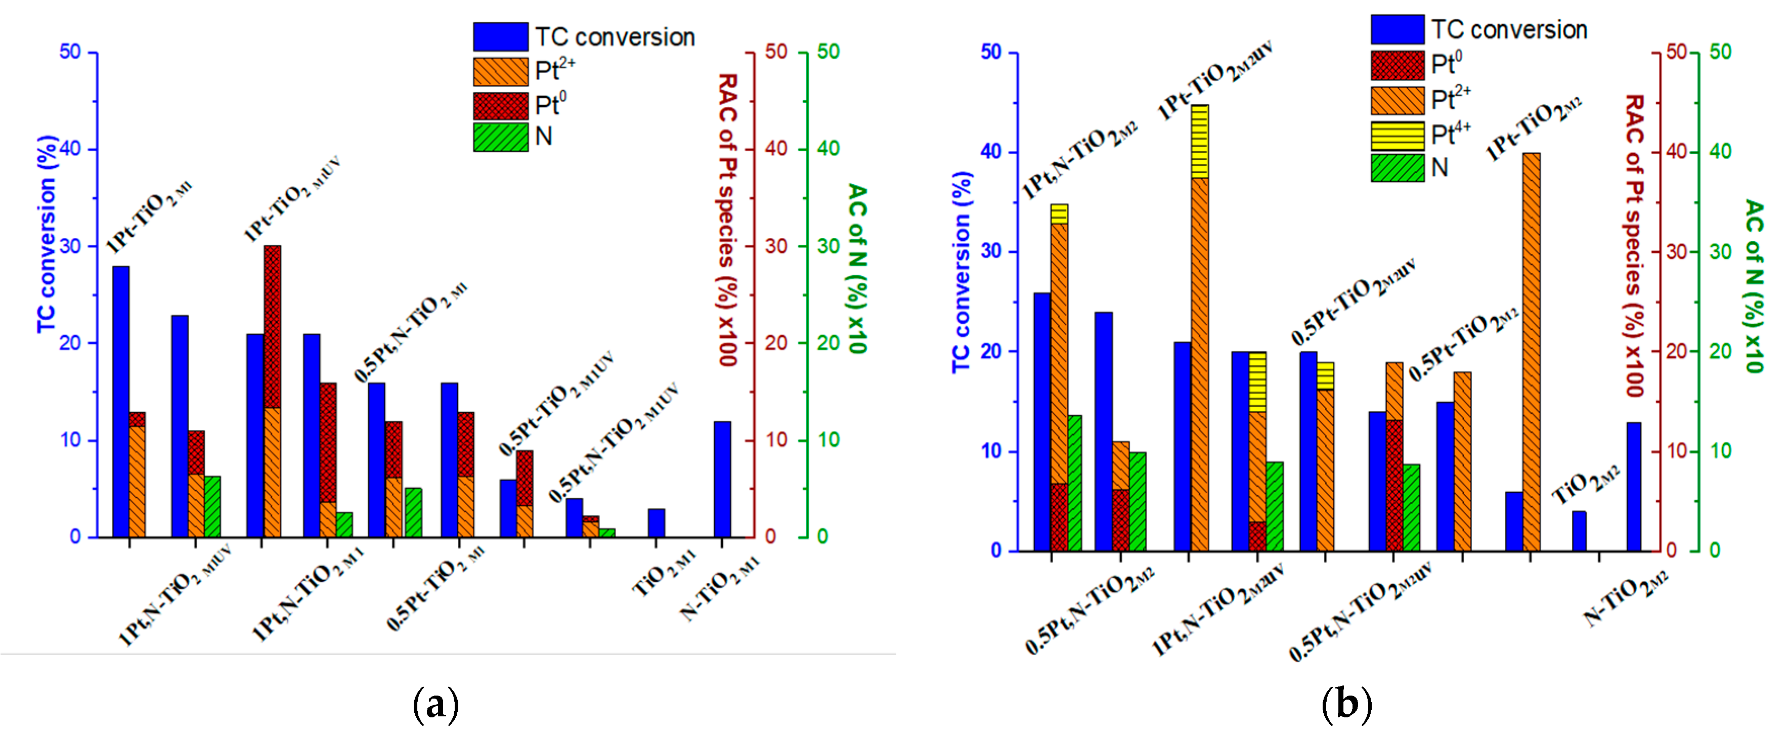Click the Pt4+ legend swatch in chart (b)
click(x=1397, y=135)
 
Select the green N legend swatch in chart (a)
click(x=500, y=137)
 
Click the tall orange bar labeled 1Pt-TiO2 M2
click(x=1531, y=352)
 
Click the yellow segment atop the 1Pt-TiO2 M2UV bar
click(x=1199, y=142)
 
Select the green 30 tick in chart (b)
click(x=1720, y=251)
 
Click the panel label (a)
click(x=435, y=705)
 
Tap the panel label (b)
click(x=1346, y=705)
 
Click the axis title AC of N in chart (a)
click(x=858, y=269)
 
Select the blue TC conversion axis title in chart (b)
click(x=961, y=272)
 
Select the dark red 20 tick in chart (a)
click(x=775, y=343)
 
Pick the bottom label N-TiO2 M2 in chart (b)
click(x=1625, y=597)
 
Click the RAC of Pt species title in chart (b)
click(x=1634, y=246)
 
